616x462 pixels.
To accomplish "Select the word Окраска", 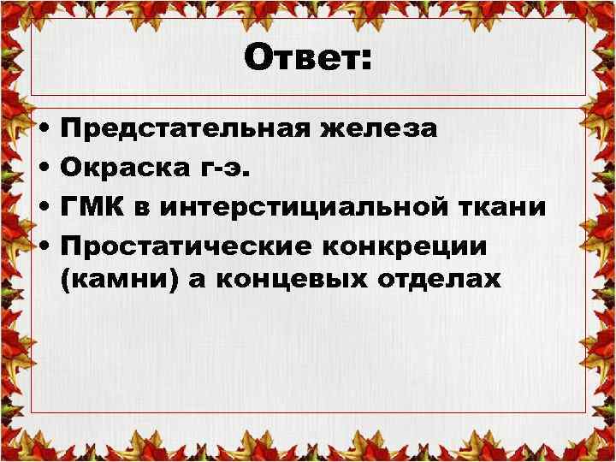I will [122, 168].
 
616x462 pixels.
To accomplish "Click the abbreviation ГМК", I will [90, 207].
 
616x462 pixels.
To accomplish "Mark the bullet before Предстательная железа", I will [43, 130].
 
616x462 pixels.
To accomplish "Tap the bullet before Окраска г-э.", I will [43, 169].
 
